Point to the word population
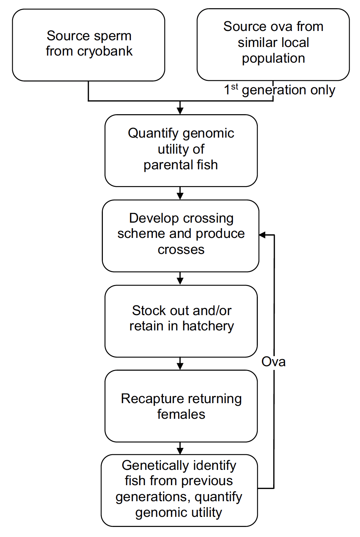(273, 59)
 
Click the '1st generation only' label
(279, 90)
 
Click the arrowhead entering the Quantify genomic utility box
(180, 110)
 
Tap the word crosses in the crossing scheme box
(181, 249)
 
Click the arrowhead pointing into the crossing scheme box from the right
(262, 235)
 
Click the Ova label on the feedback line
(273, 362)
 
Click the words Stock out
(156, 311)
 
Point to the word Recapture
(146, 399)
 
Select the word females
(181, 414)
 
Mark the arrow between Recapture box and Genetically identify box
(180, 449)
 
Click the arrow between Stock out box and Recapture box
(180, 364)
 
